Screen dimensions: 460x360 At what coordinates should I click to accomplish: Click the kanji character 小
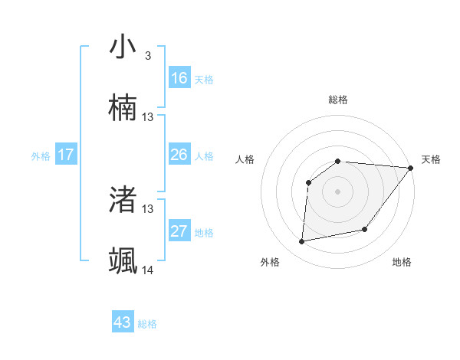tap(123, 47)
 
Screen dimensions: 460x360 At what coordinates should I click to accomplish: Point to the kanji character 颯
tap(123, 260)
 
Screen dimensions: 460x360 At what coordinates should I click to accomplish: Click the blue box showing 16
tap(179, 78)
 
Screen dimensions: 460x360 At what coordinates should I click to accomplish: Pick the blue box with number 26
tap(179, 155)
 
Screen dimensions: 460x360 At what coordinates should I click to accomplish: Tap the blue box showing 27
tap(179, 231)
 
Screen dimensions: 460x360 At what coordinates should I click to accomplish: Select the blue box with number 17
tap(66, 155)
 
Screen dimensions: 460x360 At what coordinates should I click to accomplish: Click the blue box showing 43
tap(123, 322)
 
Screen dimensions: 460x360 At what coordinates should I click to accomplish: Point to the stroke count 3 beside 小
tap(147, 55)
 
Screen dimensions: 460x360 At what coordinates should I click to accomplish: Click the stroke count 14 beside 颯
tap(148, 270)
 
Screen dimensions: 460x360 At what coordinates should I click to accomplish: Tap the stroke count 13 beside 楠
tap(148, 116)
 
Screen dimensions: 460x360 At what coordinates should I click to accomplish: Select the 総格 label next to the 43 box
tap(147, 324)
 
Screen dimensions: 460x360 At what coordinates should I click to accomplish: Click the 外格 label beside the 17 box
tap(41, 156)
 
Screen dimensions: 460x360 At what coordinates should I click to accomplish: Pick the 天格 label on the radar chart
tap(431, 159)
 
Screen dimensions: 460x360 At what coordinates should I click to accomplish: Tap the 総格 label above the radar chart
tap(337, 100)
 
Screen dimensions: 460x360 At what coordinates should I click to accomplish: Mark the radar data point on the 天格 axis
tap(410, 168)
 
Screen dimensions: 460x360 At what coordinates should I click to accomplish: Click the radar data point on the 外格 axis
tap(302, 241)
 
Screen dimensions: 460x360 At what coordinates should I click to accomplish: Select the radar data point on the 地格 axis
tap(365, 229)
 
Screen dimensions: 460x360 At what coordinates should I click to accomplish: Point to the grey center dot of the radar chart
tap(337, 191)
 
